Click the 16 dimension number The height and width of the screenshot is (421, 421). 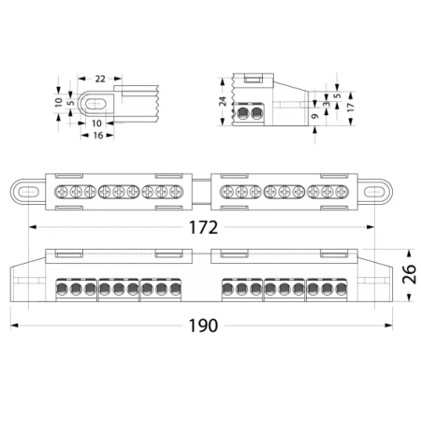pyautogui.click(x=96, y=136)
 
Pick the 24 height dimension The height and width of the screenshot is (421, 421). pyautogui.click(x=223, y=100)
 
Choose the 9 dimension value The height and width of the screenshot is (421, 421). pyautogui.click(x=315, y=117)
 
